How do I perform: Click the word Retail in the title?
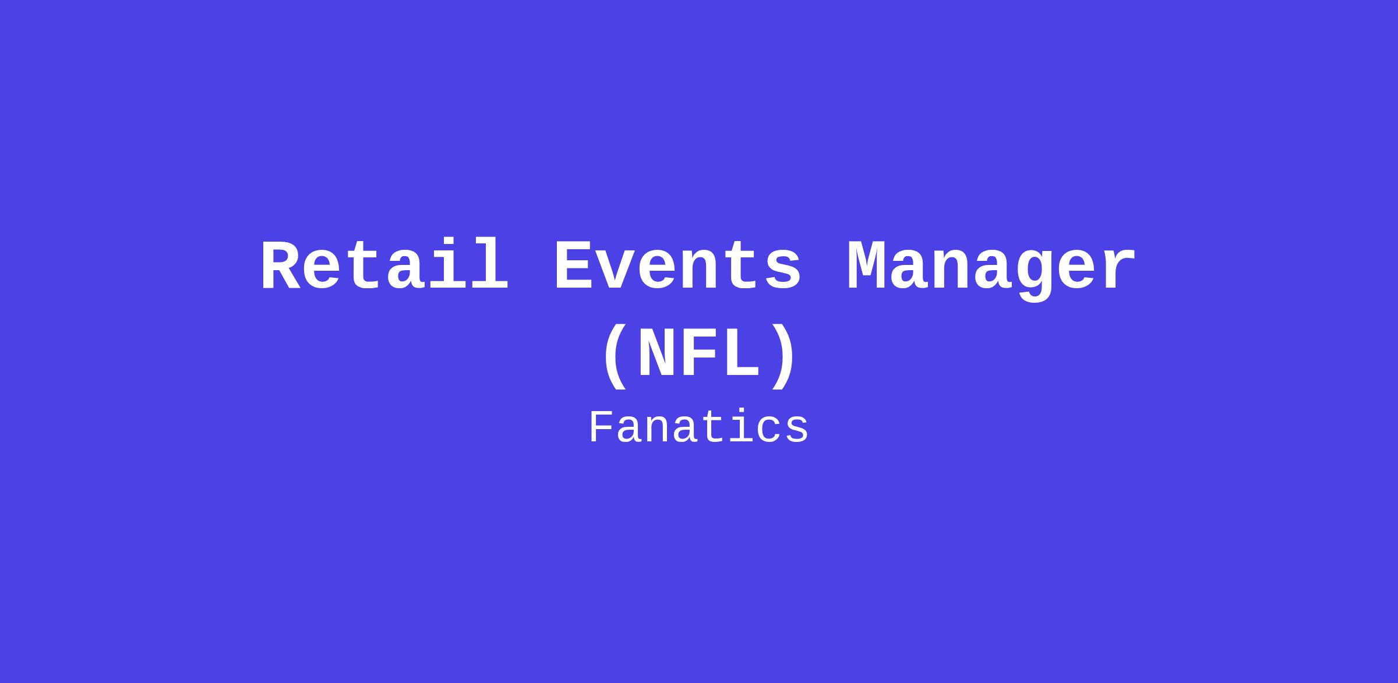(385, 265)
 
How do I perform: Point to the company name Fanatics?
(699, 428)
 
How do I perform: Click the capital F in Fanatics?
(602, 427)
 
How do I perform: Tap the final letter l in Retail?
(490, 265)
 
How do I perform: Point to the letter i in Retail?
(448, 265)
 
